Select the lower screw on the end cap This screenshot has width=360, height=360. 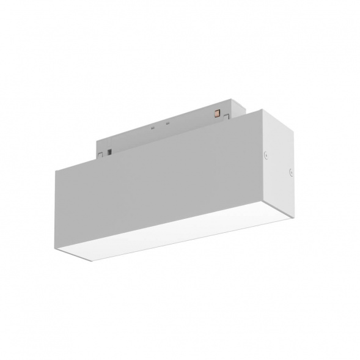[290, 174]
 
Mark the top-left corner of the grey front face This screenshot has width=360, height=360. [56, 169]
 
